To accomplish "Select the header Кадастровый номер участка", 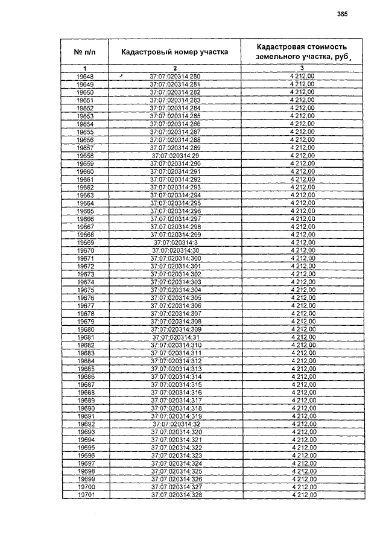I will coord(175,52).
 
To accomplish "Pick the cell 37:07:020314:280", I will coord(175,76).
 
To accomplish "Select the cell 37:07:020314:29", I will coord(175,156).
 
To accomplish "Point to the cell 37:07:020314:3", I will coord(175,243).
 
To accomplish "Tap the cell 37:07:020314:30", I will coord(175,250).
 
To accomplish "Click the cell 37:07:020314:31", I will coord(175,337).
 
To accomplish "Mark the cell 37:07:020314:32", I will coord(175,424).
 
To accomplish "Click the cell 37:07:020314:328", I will coord(175,495).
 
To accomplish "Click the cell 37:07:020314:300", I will coord(175,258).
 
